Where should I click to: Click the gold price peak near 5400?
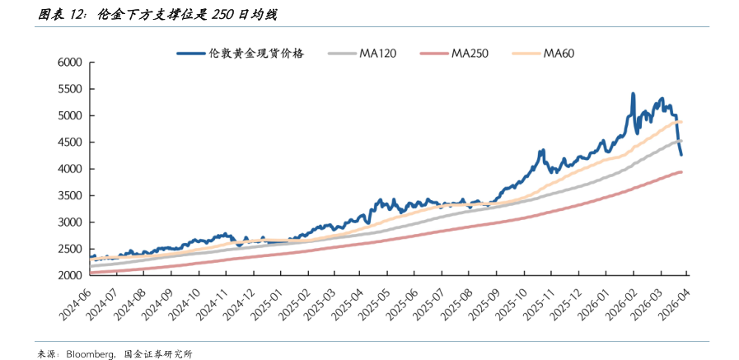[x=633, y=94]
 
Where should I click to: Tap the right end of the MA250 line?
[x=682, y=171]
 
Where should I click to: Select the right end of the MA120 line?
[x=681, y=141]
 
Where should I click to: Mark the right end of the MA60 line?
[x=681, y=122]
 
